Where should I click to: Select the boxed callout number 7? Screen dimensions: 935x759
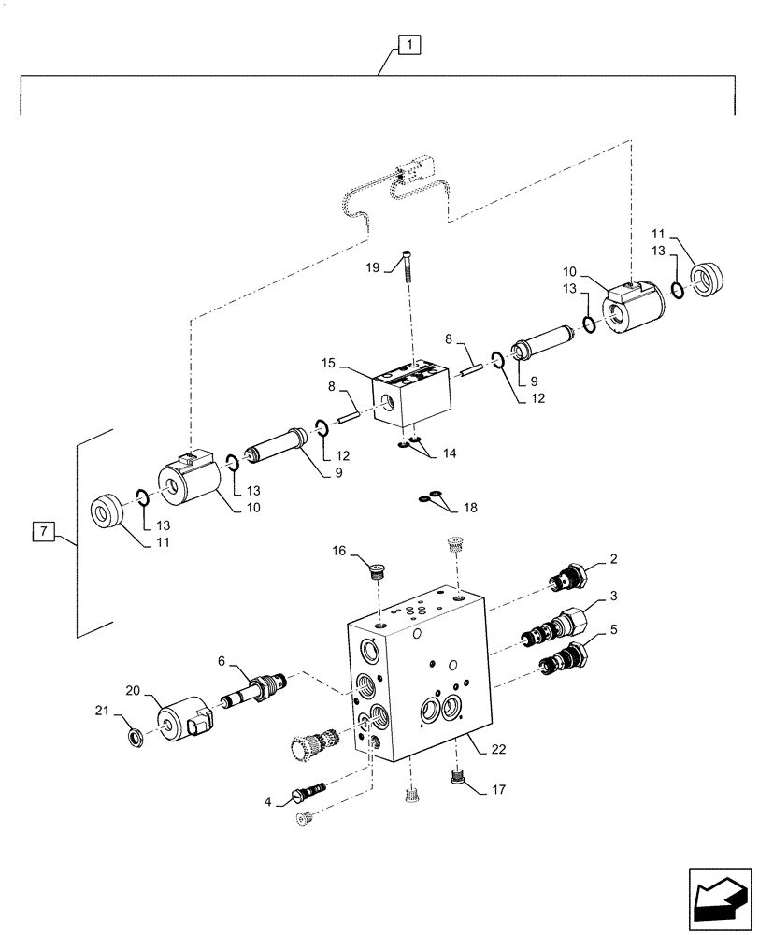pyautogui.click(x=42, y=533)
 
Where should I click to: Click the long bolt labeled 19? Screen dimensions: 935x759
pyautogui.click(x=408, y=265)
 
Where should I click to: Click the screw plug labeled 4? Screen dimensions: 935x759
pyautogui.click(x=309, y=791)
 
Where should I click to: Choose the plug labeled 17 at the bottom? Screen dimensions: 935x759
pyautogui.click(x=458, y=775)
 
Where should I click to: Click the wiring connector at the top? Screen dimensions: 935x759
pyautogui.click(x=412, y=172)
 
